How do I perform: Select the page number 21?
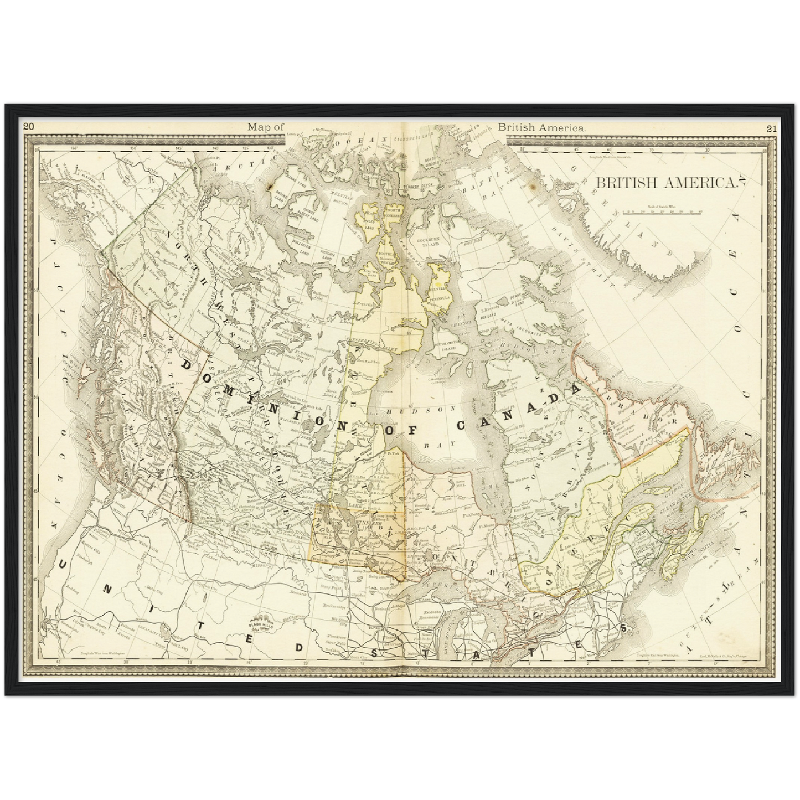click(772, 129)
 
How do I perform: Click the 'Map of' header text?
click(265, 127)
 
